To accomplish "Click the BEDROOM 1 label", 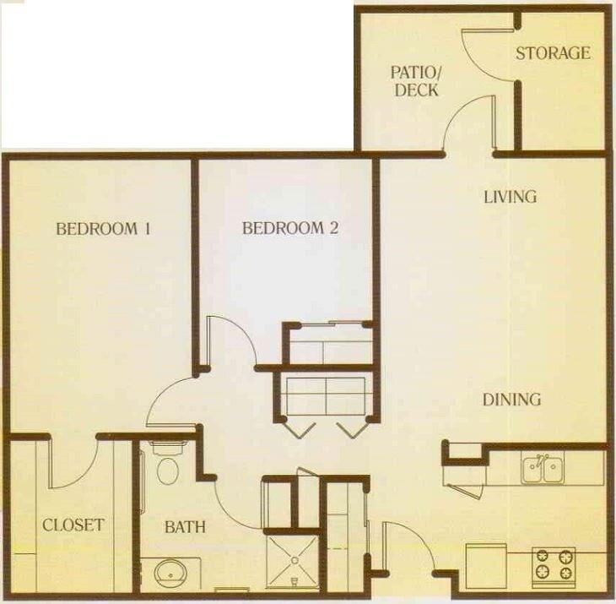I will point(102,228).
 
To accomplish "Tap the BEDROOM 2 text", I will point(289,228).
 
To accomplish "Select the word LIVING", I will point(510,197).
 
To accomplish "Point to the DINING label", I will point(511,400).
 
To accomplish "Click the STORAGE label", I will point(553,52).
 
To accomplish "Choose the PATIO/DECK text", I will point(417,79).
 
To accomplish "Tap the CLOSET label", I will point(73,525).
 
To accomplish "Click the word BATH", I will point(185,527).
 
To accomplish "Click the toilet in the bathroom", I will point(168,467).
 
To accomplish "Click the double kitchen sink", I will point(543,469).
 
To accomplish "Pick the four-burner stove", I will point(554,565).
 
